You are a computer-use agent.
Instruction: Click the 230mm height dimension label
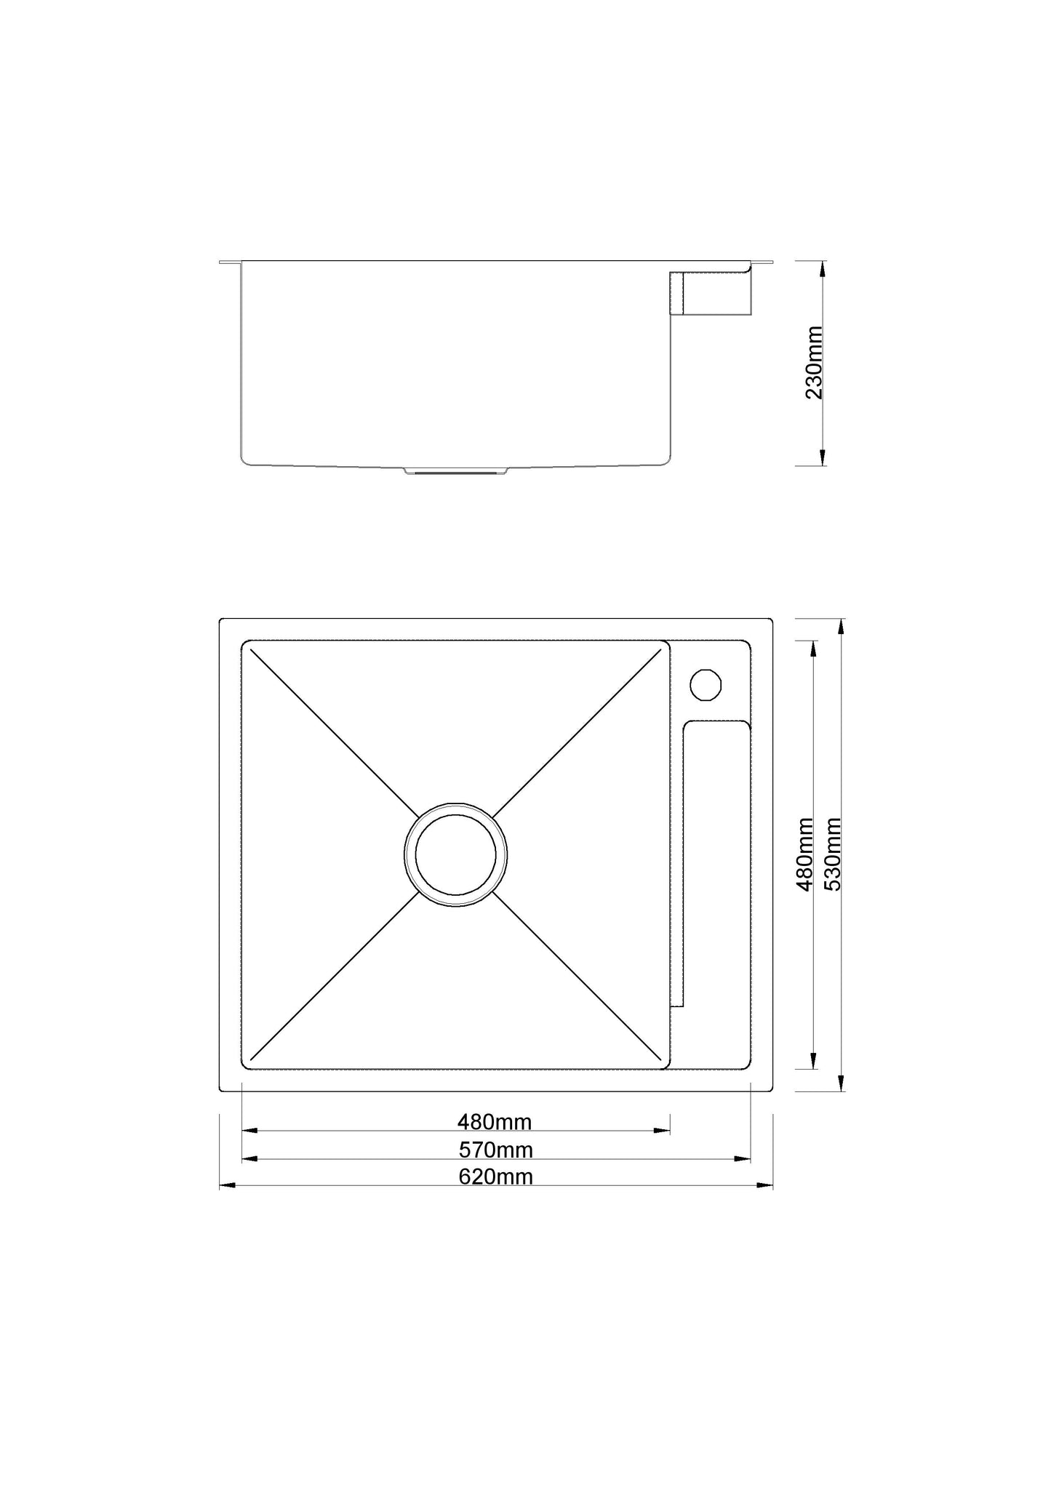814,363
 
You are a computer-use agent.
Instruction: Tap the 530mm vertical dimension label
833,854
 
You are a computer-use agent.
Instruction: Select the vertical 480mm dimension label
805,854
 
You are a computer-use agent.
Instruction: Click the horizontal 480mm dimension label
495,1122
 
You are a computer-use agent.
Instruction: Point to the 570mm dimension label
495,1150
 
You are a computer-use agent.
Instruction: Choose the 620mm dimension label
495,1177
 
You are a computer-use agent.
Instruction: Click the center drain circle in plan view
456,855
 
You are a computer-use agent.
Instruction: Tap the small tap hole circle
706,684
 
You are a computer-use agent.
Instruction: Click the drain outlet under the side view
457,470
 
